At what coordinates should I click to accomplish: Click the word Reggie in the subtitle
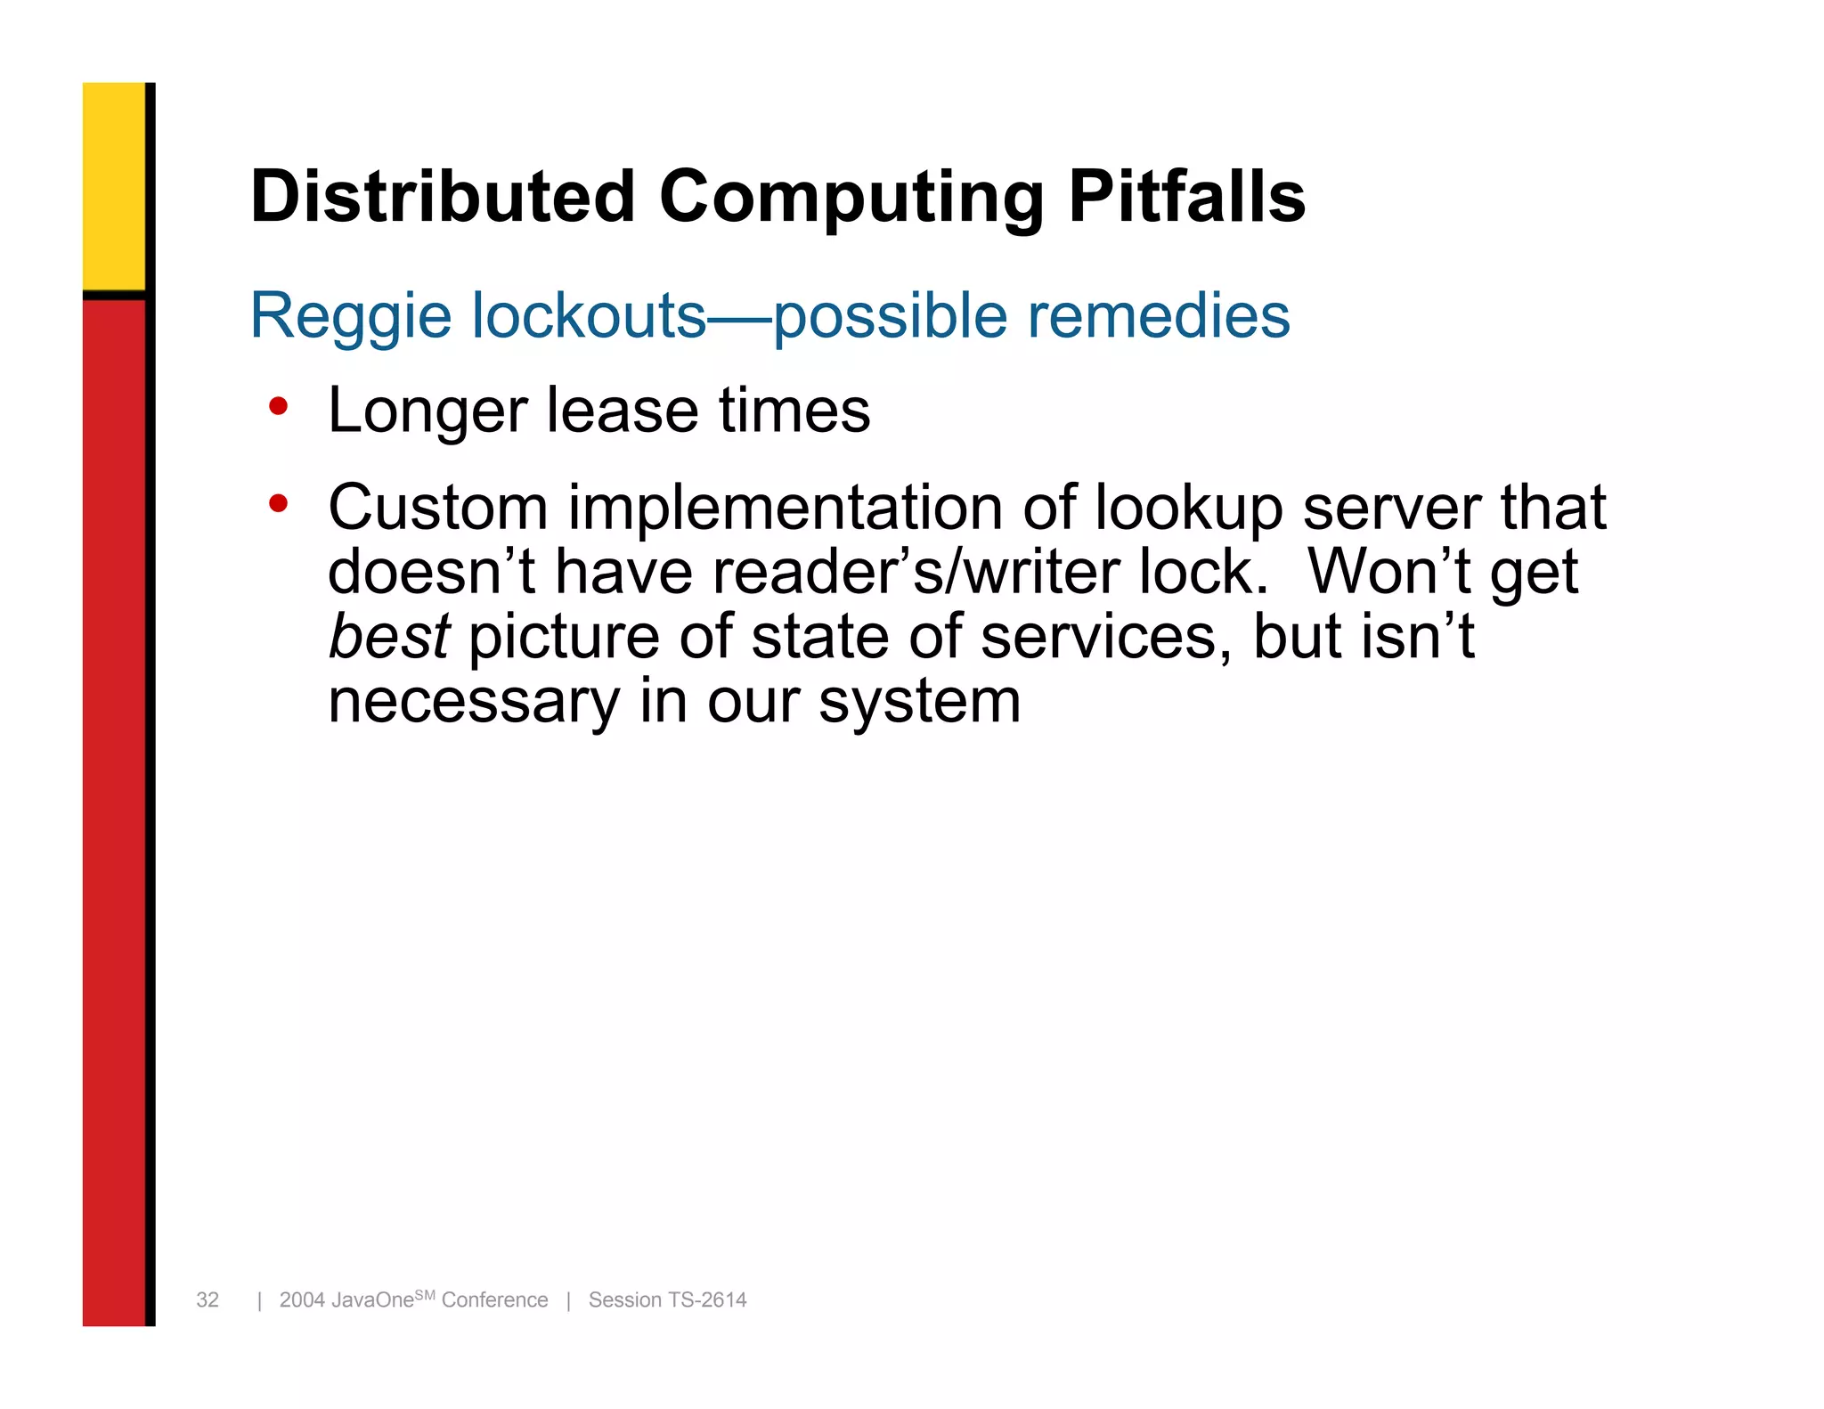[351, 317]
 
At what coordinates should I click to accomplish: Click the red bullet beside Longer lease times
[279, 407]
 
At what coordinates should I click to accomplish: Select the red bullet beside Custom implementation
[279, 504]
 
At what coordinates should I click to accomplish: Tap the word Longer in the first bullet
[427, 411]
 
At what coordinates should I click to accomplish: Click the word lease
[622, 411]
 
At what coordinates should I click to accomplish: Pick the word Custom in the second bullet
[437, 508]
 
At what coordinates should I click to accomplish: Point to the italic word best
[389, 637]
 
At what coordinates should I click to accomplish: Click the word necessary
[473, 702]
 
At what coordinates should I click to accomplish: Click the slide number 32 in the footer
[208, 1300]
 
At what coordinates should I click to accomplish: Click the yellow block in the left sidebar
[114, 185]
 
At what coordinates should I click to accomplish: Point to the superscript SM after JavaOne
[425, 1295]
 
